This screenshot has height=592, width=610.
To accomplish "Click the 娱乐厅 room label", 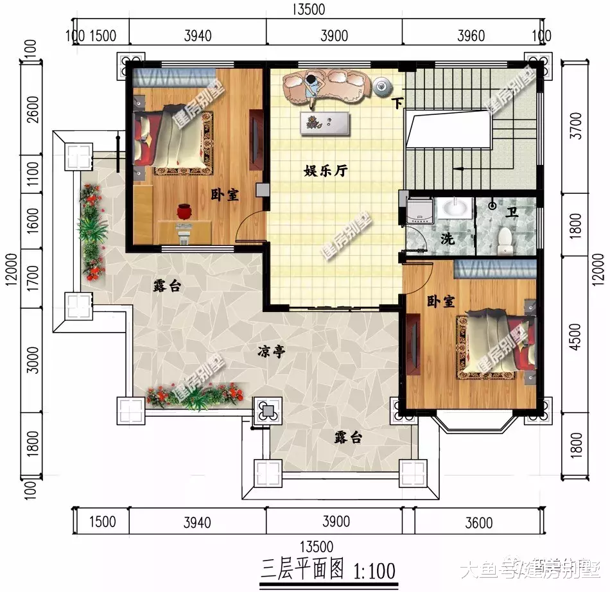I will pos(326,171).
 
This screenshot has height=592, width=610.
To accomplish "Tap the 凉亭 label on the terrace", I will pos(272,351).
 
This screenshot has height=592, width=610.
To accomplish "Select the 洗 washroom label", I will pos(448,239).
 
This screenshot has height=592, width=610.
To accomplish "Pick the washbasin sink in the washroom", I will pos(455,209).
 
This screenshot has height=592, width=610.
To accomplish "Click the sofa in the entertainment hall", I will pos(326,85).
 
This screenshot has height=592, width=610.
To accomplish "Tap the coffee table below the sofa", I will pos(326,123).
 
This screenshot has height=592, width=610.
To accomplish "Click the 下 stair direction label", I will pos(398,103).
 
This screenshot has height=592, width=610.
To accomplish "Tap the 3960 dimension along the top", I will pos(471,35).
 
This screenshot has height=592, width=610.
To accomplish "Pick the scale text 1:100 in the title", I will pos(374,569).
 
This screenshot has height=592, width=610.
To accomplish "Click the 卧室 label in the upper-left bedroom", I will pos(225,195).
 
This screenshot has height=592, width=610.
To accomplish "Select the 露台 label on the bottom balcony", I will pos(348,438).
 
